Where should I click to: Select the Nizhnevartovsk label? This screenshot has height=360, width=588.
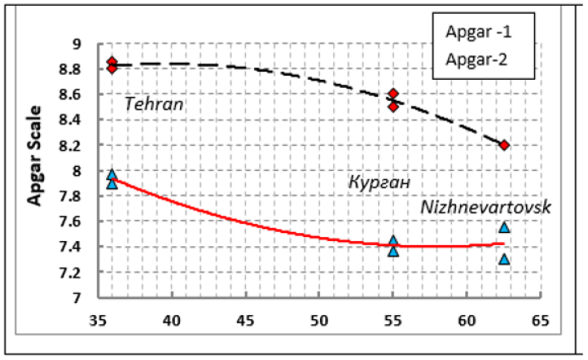point(485,208)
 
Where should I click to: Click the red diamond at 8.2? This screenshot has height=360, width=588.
point(504,145)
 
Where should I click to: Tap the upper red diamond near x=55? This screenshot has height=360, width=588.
point(393,94)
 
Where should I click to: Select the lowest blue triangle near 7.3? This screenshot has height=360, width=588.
point(504,259)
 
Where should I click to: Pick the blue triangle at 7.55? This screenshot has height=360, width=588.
point(504,227)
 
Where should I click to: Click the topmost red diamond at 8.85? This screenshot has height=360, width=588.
point(112,62)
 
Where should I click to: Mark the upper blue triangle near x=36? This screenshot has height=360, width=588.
point(112,174)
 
